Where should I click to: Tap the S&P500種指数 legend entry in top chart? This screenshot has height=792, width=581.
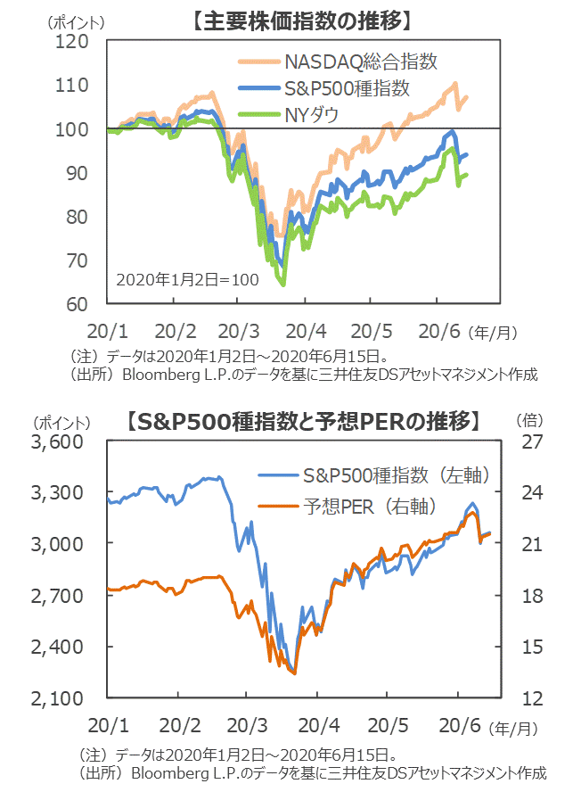click(347, 88)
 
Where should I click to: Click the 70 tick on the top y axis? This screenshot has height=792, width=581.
click(77, 260)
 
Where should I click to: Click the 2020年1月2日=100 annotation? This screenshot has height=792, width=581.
click(187, 279)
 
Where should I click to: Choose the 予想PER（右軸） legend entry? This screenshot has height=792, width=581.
click(370, 507)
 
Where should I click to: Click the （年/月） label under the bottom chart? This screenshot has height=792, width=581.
click(514, 728)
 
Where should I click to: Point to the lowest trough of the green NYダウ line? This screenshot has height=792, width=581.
click(282, 285)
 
